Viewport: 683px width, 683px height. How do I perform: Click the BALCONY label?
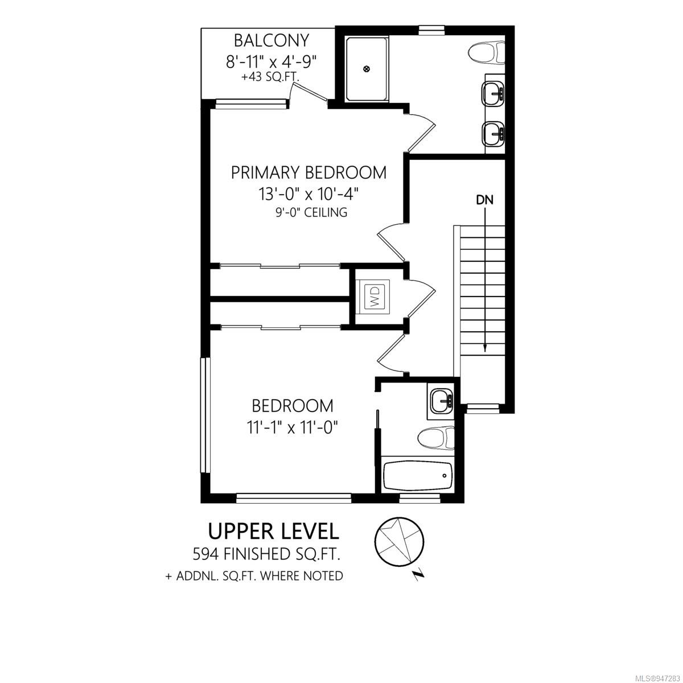[x=271, y=40]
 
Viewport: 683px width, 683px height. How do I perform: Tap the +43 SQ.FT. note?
[x=270, y=77]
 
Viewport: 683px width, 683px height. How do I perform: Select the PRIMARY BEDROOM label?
[x=308, y=172]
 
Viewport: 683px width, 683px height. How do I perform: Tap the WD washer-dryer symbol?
[x=375, y=297]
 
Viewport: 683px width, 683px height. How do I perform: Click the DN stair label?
[x=484, y=200]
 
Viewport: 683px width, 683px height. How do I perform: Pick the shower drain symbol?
[x=367, y=69]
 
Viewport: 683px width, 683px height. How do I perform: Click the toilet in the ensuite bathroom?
[x=486, y=53]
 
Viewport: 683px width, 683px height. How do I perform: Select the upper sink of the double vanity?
[x=493, y=93]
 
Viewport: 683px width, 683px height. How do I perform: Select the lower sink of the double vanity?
[x=493, y=134]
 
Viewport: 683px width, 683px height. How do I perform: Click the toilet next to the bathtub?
[x=436, y=438]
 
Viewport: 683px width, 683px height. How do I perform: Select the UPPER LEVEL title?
[x=273, y=531]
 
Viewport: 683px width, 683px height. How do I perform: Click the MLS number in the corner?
[x=657, y=676]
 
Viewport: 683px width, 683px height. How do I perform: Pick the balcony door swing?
[x=308, y=93]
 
